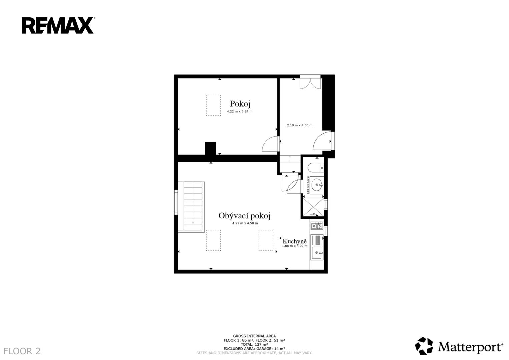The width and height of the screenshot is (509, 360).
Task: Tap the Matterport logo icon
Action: click(424, 346)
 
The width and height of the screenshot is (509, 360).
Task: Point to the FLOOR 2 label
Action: click(22, 351)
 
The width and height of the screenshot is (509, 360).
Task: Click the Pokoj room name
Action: click(240, 104)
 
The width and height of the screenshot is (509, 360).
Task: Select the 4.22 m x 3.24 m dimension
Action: click(240, 111)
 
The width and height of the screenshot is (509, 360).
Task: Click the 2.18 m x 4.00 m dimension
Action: click(299, 125)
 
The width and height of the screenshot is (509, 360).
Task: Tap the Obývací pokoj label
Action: click(244, 216)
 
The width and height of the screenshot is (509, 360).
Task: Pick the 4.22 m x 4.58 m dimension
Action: click(245, 223)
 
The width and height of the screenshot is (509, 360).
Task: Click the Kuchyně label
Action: click(294, 241)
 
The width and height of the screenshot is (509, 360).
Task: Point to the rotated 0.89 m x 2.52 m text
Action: click(308, 185)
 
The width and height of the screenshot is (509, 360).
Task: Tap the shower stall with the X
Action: click(313, 207)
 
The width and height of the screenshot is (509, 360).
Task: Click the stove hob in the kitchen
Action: click(317, 226)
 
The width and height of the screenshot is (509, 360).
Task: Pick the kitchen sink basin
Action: click(317, 253)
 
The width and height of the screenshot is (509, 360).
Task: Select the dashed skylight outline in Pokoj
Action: click(213, 105)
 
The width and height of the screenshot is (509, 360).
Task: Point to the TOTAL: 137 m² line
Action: click(254, 345)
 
